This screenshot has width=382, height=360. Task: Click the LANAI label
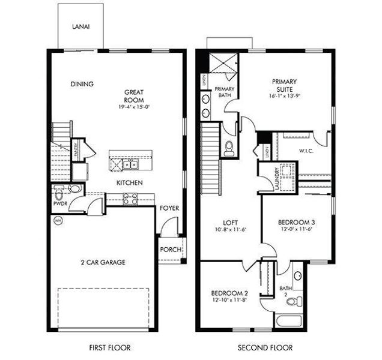click(80, 26)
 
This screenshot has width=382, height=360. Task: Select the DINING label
click(82, 84)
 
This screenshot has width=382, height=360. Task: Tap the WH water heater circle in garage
click(58, 220)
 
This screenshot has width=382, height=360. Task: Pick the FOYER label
click(169, 208)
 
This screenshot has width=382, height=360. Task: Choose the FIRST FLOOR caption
click(110, 347)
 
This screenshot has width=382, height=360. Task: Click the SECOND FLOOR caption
click(265, 347)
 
